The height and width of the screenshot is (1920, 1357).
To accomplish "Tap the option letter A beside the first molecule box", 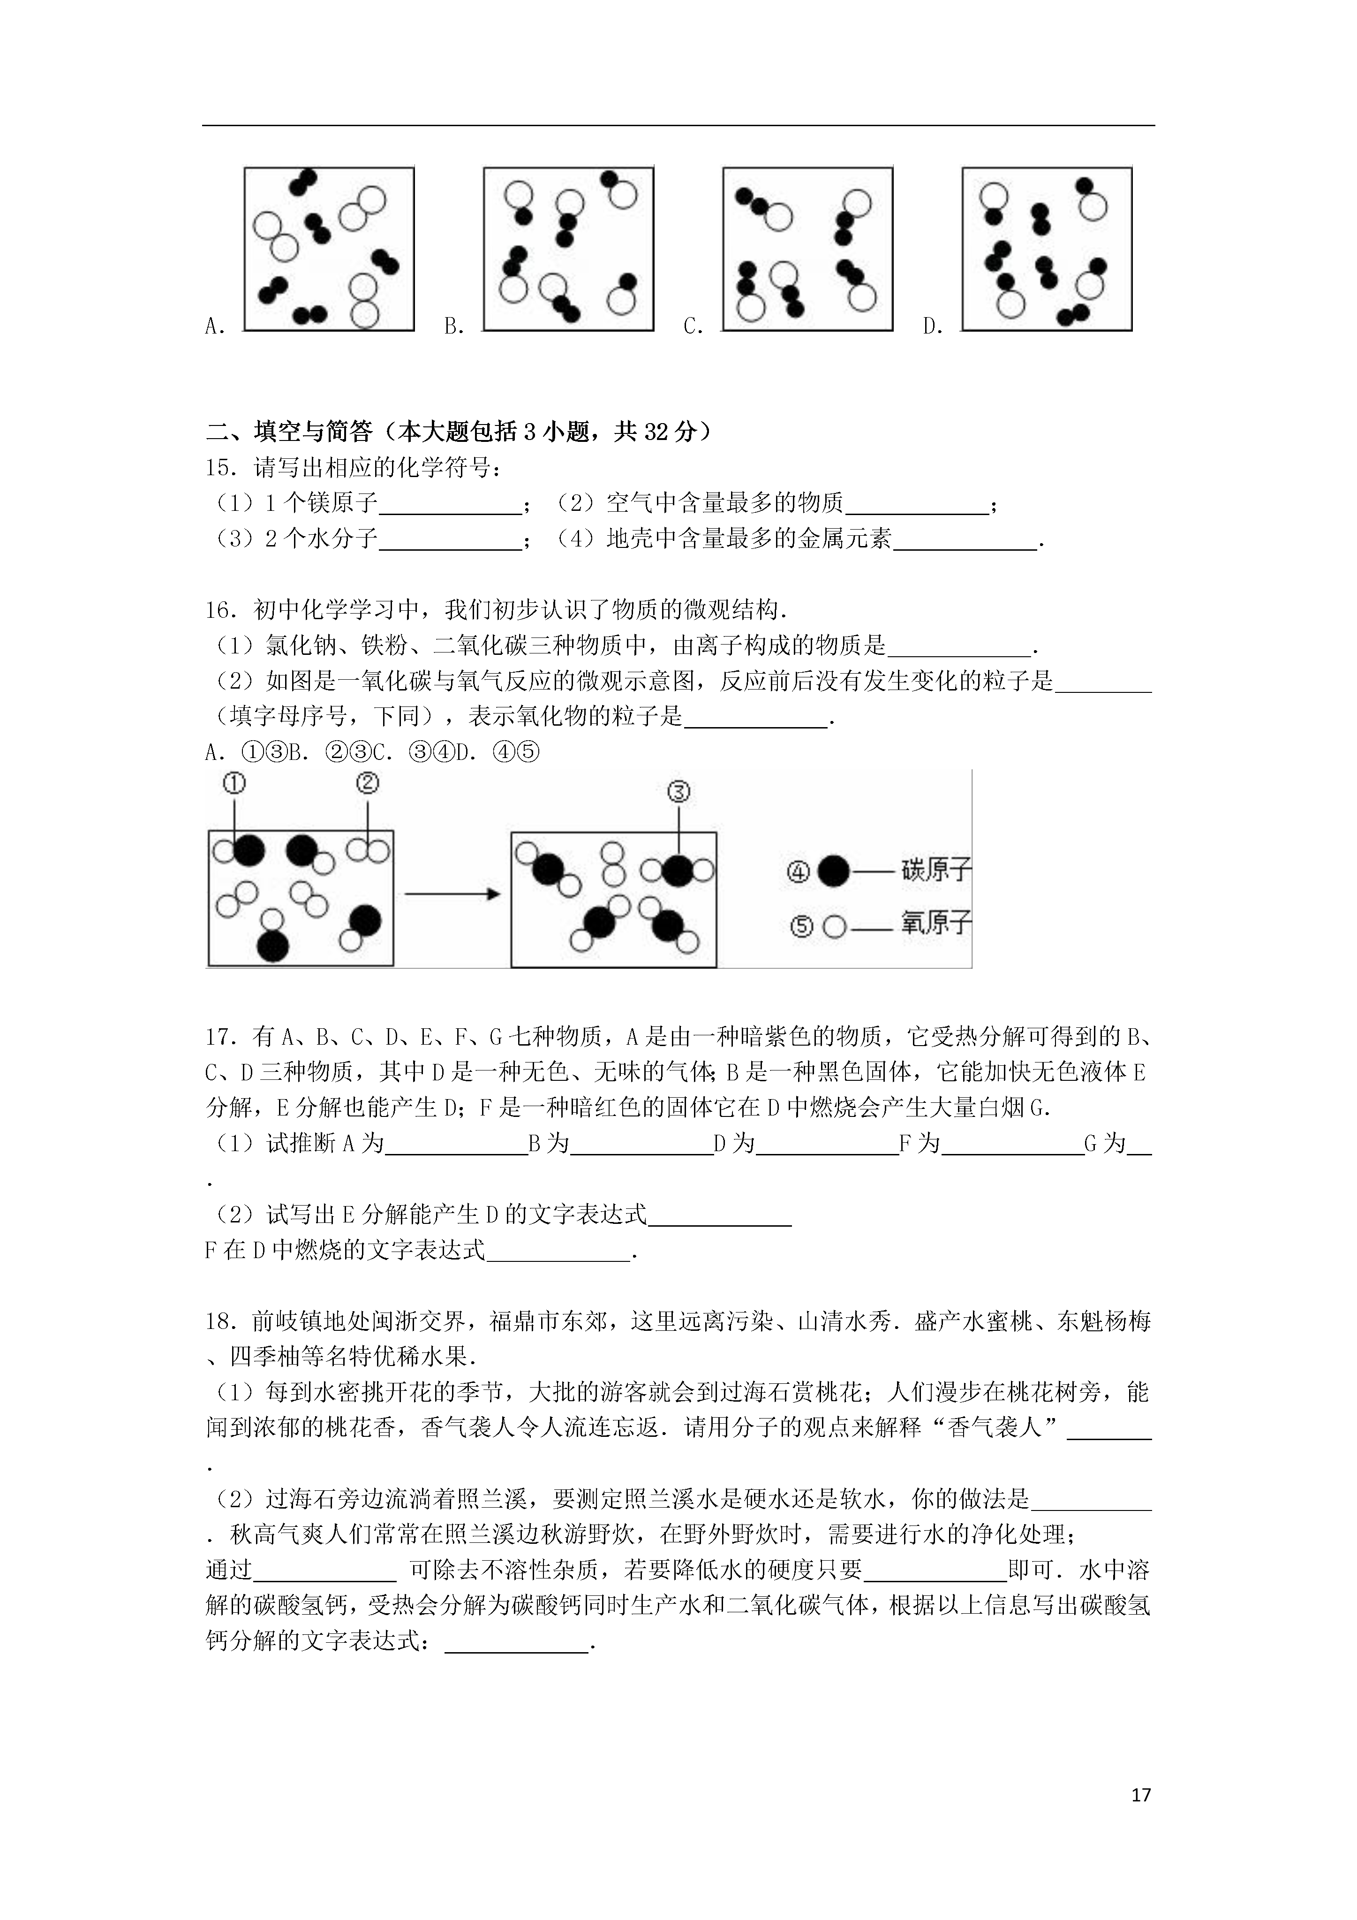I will [214, 327].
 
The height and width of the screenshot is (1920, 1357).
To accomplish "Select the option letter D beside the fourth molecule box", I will [931, 327].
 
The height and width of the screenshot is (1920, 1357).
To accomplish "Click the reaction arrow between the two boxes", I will [452, 894].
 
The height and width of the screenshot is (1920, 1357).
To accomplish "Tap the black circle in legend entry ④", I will [833, 872].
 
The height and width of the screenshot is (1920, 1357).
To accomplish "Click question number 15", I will [222, 468].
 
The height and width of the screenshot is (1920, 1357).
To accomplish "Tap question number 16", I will [222, 610].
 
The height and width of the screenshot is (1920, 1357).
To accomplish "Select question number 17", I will [222, 1038].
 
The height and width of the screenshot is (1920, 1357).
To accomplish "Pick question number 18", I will [222, 1322].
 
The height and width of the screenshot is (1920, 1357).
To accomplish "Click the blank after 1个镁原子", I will [450, 504].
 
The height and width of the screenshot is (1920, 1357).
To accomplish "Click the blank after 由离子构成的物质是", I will [959, 646].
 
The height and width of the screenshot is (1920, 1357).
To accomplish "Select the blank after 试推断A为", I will [456, 1145].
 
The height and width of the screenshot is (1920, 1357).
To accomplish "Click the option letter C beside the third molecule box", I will [692, 327].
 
